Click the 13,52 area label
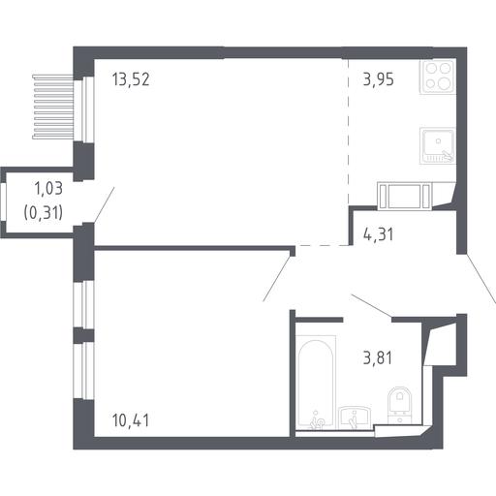(x=131, y=79)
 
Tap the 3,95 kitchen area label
(x=378, y=79)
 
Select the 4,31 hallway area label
(x=378, y=234)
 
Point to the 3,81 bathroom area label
(x=378, y=357)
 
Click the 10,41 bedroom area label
(x=131, y=420)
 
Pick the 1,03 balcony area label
(x=48, y=189)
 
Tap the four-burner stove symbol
(x=438, y=77)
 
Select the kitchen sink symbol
(x=438, y=145)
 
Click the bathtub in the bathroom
(x=316, y=383)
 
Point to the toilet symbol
(x=400, y=405)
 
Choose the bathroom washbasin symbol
(x=355, y=418)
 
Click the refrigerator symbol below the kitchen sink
(x=404, y=196)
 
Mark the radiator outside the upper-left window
(x=53, y=107)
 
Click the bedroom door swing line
(x=276, y=279)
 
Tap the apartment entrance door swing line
(x=480, y=279)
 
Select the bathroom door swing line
(x=372, y=305)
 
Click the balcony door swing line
(x=104, y=204)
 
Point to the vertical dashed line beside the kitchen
(x=349, y=132)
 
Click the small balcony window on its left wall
(x=3, y=202)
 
